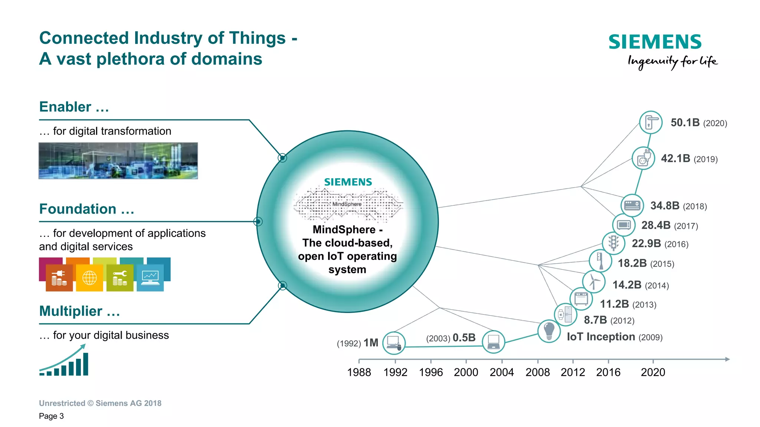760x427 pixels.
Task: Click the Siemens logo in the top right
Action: (x=655, y=42)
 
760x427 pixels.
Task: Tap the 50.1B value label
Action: (x=685, y=123)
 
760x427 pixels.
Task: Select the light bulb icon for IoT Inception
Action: (x=549, y=331)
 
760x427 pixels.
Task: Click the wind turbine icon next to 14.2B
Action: (x=594, y=281)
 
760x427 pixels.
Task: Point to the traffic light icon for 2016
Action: (x=613, y=243)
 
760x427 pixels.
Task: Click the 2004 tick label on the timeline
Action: (x=502, y=372)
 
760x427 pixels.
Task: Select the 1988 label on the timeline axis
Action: (x=359, y=372)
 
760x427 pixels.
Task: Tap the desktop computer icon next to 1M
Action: (x=394, y=342)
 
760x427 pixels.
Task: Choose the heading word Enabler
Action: (x=65, y=107)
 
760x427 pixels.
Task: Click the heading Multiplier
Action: (x=71, y=311)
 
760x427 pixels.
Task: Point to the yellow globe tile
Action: (x=89, y=278)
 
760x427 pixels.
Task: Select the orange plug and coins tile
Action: (x=59, y=278)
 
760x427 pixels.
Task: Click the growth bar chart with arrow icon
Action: (x=64, y=361)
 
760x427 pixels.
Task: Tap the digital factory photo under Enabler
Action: (x=118, y=161)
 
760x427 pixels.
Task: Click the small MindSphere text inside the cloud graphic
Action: (x=347, y=204)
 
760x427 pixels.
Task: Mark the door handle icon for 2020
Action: (x=651, y=122)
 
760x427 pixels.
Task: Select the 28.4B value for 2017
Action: (x=656, y=225)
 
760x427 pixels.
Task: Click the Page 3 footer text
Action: (x=51, y=416)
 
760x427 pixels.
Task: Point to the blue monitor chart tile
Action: (x=150, y=278)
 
